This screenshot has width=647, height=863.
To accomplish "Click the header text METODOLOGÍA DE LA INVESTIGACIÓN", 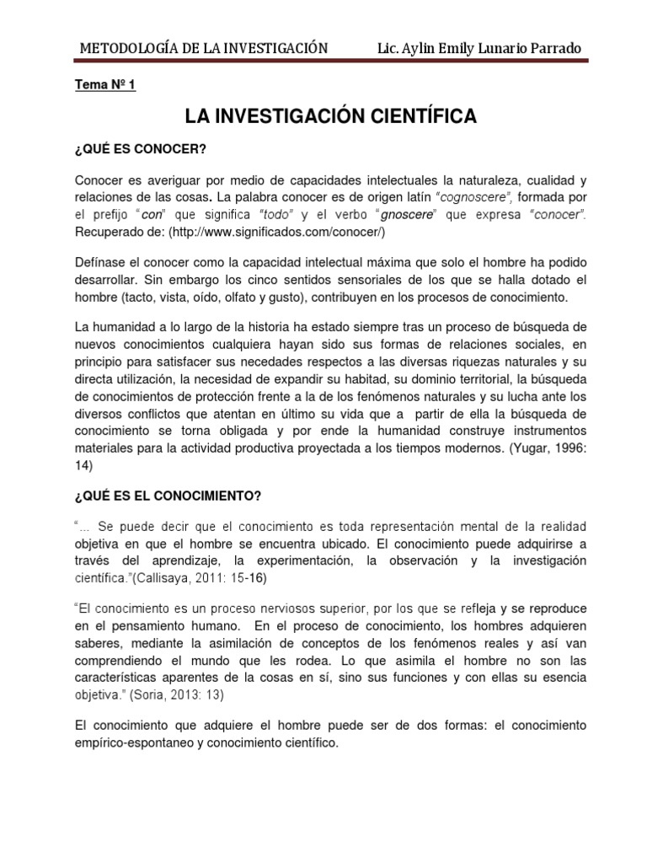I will click(203, 48).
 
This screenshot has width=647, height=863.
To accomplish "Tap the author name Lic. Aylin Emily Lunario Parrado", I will click(479, 48).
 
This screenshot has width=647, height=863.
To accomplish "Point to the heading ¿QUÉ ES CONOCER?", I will click(141, 150).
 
